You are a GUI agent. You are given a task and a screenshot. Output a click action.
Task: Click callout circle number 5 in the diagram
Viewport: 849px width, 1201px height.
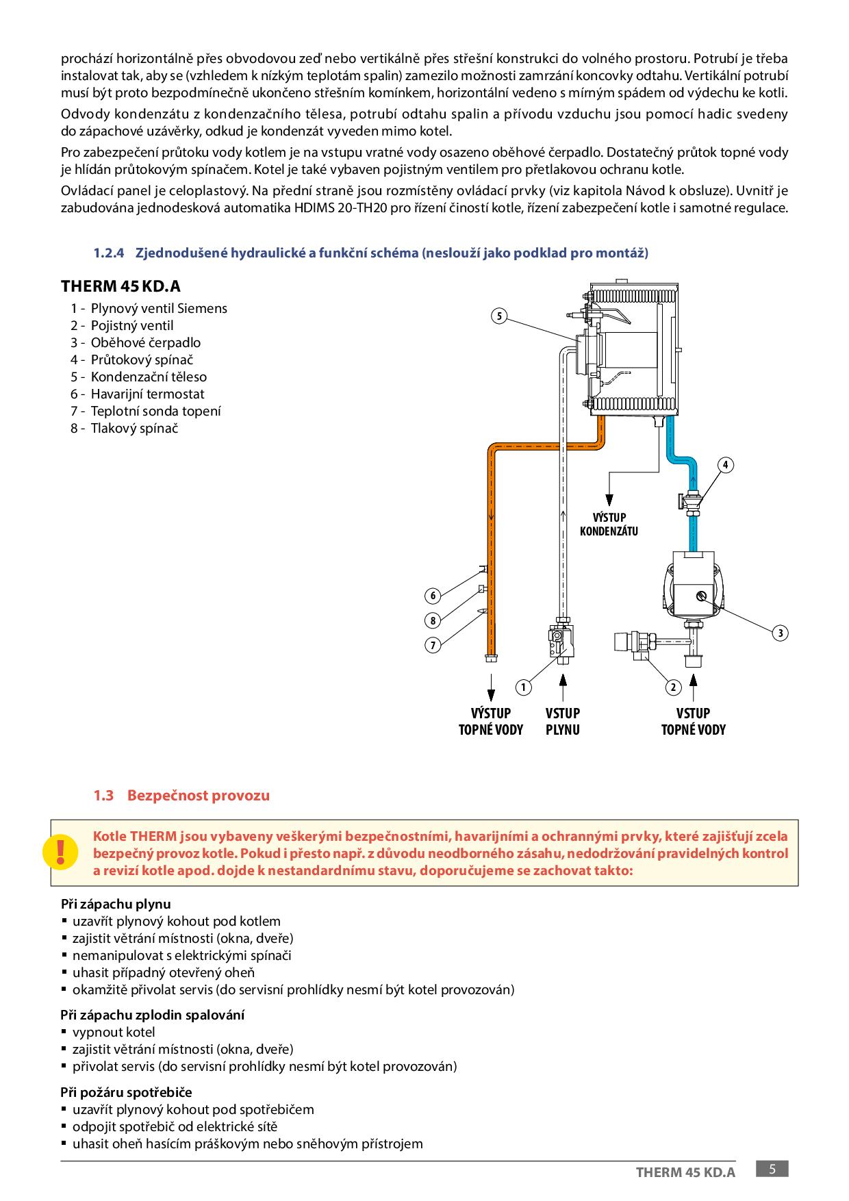click(x=500, y=316)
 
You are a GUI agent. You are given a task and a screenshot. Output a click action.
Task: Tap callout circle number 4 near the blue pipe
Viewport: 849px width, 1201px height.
click(x=725, y=466)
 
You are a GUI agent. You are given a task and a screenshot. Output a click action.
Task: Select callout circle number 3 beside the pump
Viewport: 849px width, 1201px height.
click(x=780, y=633)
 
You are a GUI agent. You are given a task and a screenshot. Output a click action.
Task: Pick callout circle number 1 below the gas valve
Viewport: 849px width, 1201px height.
click(x=523, y=687)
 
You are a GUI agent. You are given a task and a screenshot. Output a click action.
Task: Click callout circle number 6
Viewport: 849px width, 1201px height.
click(x=433, y=596)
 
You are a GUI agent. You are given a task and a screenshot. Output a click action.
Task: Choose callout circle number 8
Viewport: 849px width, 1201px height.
click(x=433, y=620)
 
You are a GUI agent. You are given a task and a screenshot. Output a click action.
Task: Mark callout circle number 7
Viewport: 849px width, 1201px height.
click(x=433, y=645)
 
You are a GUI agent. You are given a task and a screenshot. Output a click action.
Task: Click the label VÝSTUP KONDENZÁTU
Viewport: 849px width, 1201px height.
click(x=609, y=524)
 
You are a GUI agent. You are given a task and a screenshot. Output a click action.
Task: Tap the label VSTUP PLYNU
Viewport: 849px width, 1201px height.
click(x=563, y=721)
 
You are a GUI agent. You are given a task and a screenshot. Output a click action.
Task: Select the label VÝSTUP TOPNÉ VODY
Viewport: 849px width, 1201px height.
click(x=491, y=721)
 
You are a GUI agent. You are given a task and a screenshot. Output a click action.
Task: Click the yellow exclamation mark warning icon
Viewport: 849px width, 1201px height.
click(x=61, y=852)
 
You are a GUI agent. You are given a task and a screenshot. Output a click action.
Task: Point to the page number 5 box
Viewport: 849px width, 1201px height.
click(x=772, y=1169)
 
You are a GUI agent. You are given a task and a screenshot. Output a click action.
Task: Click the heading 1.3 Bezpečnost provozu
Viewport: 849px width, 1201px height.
click(x=181, y=796)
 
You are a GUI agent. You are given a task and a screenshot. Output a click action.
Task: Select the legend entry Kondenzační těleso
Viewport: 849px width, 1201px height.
click(x=149, y=377)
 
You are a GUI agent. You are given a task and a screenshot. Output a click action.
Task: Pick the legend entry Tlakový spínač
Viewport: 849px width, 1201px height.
click(x=134, y=428)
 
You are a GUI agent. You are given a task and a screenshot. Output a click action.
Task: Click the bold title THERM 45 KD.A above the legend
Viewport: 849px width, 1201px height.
click(x=121, y=286)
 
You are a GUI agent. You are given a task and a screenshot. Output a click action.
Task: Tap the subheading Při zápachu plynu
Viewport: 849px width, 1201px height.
click(x=116, y=904)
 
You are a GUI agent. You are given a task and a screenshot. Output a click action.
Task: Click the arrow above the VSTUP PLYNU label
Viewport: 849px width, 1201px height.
click(x=563, y=686)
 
